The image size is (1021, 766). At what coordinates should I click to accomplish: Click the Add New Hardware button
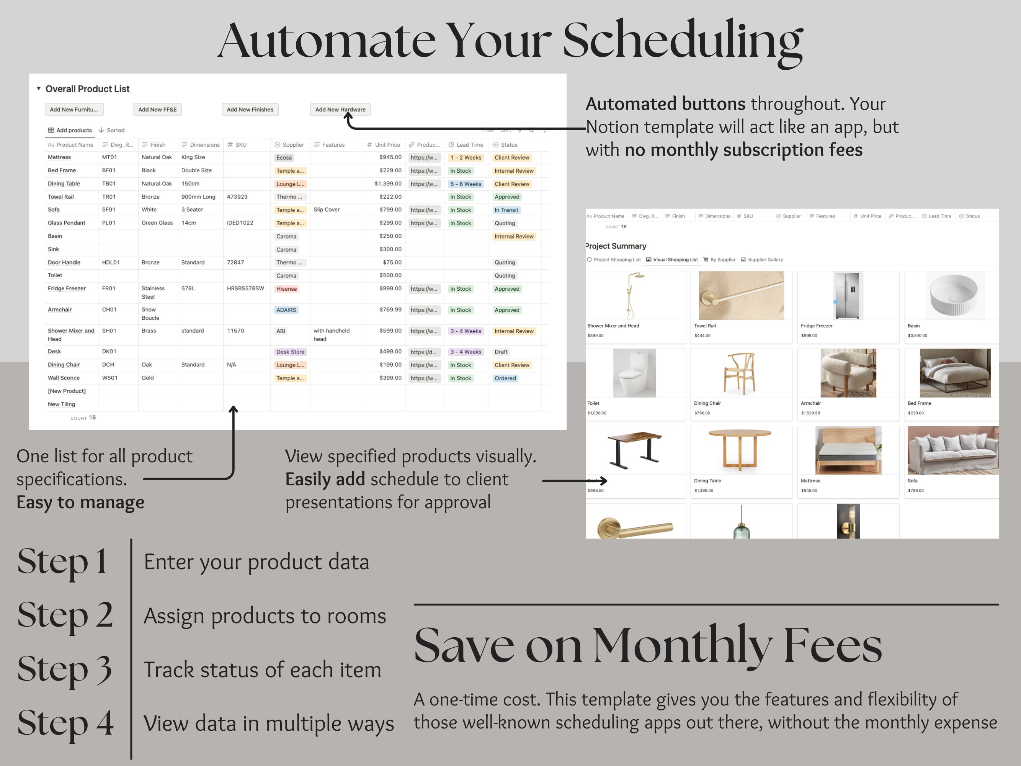coord(340,110)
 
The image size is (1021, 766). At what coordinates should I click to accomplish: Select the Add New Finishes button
coord(250,110)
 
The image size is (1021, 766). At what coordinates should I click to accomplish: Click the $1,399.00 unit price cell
coord(388,184)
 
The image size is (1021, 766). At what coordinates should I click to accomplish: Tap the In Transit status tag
coord(506,210)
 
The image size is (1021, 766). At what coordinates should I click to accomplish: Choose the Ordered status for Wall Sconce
coord(505,378)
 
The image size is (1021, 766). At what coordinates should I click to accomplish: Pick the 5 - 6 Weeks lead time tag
coord(465,184)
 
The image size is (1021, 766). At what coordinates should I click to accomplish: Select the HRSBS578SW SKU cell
coord(245,288)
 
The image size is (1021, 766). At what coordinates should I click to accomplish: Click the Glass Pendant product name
coord(67,223)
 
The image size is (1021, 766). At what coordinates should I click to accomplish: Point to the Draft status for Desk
coord(501,352)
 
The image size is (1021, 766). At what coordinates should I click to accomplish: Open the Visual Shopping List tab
coord(675,260)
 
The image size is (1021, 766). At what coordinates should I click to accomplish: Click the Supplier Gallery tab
coord(765,260)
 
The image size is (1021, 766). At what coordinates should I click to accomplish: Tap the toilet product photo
coord(634,373)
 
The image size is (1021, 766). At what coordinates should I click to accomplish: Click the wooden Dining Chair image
coord(741,373)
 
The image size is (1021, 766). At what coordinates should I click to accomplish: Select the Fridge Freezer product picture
coord(848,296)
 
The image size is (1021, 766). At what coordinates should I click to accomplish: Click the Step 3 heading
coord(64,669)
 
